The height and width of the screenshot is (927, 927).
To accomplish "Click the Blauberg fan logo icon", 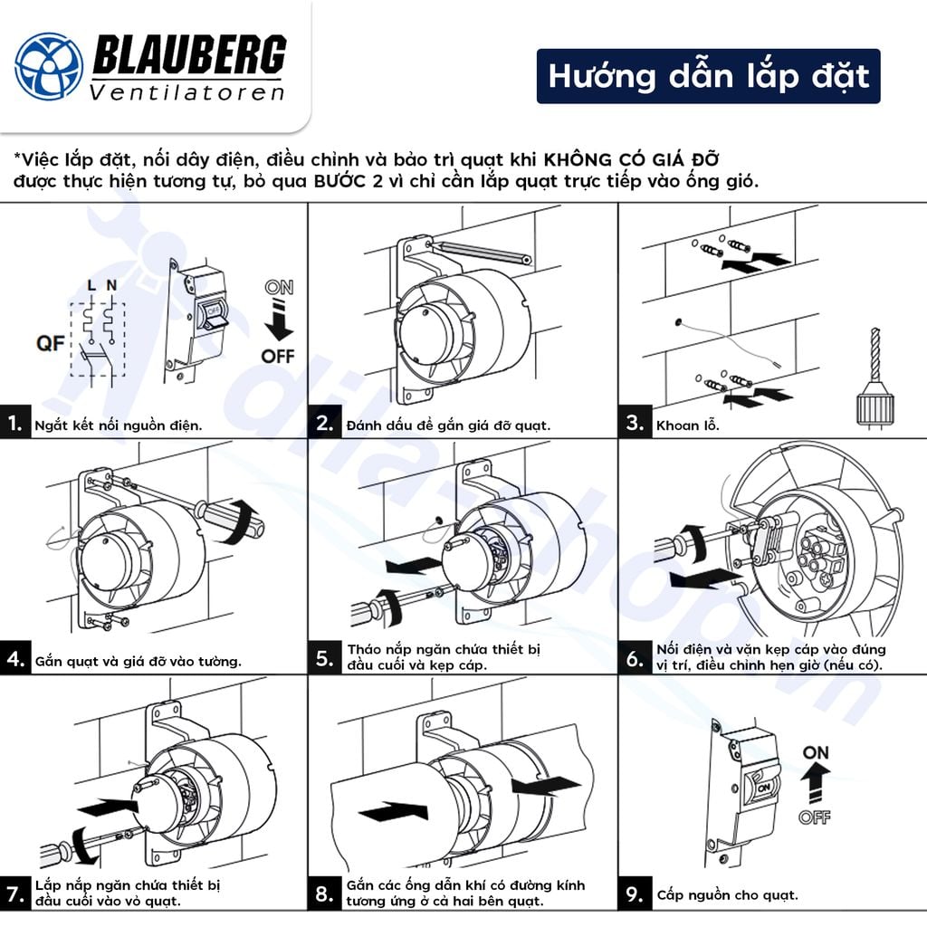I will point(49,65).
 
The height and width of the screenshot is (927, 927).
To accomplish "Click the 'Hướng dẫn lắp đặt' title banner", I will point(708,76).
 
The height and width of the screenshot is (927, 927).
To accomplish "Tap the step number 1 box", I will point(14,423).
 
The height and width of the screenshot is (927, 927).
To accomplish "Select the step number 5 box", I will point(325,658).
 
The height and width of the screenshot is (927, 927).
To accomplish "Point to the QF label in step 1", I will point(51,343).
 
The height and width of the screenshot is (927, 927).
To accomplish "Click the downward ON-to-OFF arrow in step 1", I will point(277,320).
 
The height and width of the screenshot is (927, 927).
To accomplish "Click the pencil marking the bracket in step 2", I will point(480,253).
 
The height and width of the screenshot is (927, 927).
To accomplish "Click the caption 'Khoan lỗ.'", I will point(687,425).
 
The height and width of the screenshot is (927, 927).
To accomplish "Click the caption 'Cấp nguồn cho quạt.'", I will point(727,895).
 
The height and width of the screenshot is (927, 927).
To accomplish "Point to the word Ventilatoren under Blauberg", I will point(187,91).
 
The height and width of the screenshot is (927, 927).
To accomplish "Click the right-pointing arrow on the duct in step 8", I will point(393,810).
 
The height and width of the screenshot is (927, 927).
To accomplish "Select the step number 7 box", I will point(14,894).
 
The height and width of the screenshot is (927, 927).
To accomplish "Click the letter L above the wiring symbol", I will point(91,286).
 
